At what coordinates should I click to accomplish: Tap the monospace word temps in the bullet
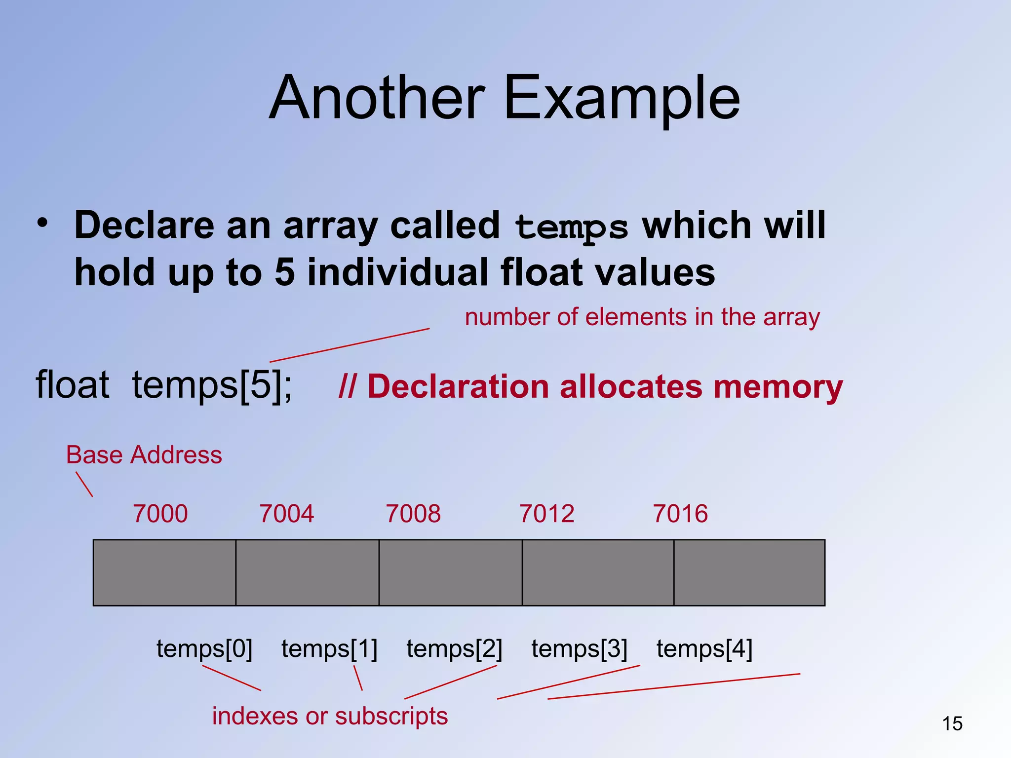pos(571,227)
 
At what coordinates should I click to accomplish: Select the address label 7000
pos(160,514)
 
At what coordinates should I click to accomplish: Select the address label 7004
pos(287,514)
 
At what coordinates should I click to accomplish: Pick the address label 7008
pos(413,514)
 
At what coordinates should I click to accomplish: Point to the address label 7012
pos(547,514)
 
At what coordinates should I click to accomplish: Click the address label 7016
pos(680,514)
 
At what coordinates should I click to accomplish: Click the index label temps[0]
pos(204,648)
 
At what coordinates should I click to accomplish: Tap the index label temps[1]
pos(329,648)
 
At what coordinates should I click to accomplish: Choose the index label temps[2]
pos(454,648)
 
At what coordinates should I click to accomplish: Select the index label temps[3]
pos(579,648)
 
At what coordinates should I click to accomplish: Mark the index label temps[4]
pos(704,648)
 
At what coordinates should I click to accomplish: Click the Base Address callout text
pos(144,455)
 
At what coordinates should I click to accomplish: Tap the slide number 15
pos(952,724)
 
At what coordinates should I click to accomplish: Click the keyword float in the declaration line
pos(73,385)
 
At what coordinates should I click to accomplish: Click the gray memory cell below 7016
pos(749,572)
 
